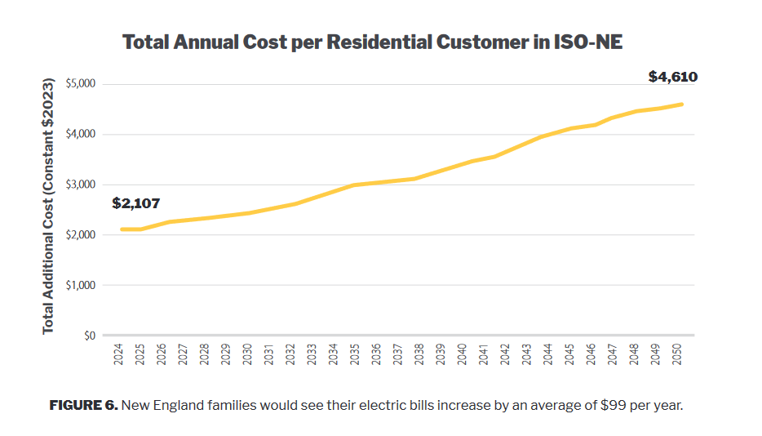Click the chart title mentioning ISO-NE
(372, 42)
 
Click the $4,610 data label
(672, 78)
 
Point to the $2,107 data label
(136, 203)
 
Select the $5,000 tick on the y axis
(79, 84)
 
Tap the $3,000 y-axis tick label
(79, 185)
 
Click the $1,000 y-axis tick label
(79, 286)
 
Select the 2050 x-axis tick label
(677, 354)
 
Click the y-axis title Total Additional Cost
(48, 205)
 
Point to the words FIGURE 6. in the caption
(83, 406)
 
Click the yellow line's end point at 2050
(682, 105)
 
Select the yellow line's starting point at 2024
(121, 229)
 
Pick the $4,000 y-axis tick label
(79, 135)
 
